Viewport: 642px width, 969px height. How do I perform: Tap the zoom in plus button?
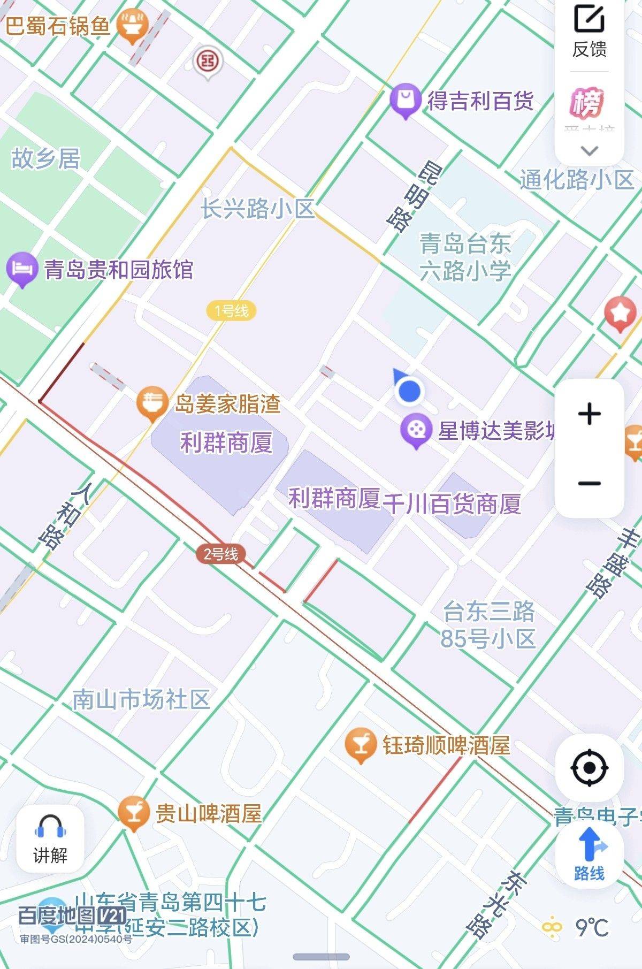[x=589, y=414]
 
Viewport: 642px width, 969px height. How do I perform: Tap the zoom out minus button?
[x=589, y=483]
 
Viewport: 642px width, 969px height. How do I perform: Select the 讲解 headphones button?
[x=50, y=839]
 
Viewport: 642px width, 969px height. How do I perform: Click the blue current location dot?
[x=409, y=391]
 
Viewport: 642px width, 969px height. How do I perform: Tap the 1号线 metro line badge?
[x=231, y=310]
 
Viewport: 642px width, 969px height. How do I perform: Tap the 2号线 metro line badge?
[x=220, y=554]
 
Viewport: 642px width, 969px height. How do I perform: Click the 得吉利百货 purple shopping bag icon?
[x=405, y=100]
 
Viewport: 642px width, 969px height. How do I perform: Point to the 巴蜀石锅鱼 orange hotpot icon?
[x=132, y=25]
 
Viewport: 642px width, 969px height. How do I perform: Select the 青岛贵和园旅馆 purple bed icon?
[x=22, y=268]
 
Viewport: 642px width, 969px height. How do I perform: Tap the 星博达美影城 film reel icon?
[x=416, y=430]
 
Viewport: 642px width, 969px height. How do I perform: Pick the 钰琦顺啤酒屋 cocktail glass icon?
[x=360, y=744]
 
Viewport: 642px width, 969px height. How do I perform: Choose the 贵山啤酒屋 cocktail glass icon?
[x=133, y=812]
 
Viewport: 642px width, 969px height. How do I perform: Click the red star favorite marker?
[x=620, y=312]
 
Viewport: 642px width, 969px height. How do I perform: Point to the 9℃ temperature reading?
[x=592, y=927]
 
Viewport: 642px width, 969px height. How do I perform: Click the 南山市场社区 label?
[x=141, y=699]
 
